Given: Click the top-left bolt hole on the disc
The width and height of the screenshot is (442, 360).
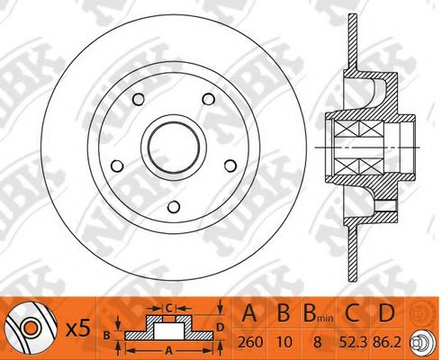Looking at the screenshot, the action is point(139,99).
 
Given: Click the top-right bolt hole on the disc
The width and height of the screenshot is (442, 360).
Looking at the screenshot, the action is point(209,99).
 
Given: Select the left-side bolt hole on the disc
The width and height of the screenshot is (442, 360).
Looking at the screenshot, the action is point(117,166).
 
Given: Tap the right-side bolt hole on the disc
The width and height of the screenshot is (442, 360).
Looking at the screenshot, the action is point(230,166).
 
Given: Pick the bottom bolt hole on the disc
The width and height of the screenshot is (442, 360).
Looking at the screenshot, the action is point(174,207).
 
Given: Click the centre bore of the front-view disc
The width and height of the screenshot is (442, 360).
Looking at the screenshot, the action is point(174,148).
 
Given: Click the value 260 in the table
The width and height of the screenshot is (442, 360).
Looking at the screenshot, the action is point(250,342).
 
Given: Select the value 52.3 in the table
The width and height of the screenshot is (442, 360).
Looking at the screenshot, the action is point(353,342).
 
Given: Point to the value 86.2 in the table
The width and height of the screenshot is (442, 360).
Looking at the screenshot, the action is point(387,342).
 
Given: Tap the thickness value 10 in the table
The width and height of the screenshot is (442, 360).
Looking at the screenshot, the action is point(284,342).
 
